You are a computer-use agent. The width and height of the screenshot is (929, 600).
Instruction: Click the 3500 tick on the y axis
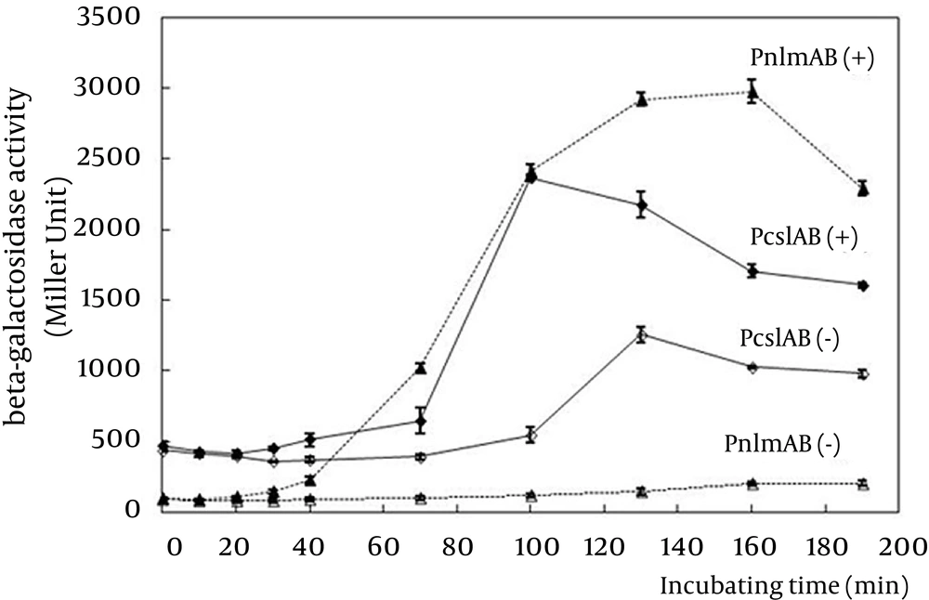coord(112,19)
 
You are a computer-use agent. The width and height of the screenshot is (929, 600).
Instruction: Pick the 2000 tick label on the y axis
coord(112,229)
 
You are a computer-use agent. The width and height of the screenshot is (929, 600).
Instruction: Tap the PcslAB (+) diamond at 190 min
coord(863,285)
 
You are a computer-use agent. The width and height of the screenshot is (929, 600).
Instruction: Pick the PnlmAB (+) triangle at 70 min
coord(420,369)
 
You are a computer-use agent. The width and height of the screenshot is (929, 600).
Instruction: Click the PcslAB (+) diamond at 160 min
coord(752,271)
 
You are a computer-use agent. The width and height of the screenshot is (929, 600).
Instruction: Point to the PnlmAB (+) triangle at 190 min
coord(863,189)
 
